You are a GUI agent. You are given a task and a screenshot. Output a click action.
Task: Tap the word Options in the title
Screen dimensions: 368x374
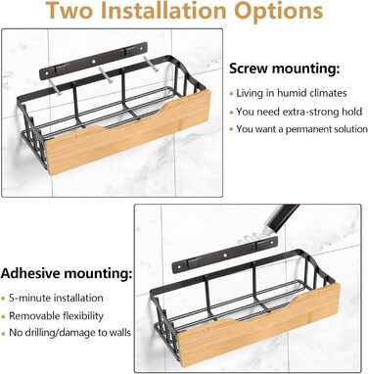pyautogui.click(x=279, y=12)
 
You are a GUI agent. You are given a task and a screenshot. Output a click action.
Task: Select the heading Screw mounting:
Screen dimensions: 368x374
pyautogui.click(x=285, y=69)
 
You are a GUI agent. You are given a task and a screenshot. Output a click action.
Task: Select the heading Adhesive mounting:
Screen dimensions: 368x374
pyautogui.click(x=67, y=273)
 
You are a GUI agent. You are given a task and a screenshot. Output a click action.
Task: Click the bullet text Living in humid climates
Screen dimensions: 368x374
pyautogui.click(x=292, y=93)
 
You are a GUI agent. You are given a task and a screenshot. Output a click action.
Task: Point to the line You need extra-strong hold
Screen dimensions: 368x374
pyautogui.click(x=299, y=112)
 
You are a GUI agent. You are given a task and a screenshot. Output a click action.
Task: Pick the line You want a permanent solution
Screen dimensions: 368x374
pyautogui.click(x=301, y=129)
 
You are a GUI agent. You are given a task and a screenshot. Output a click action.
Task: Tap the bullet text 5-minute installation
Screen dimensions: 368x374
pyautogui.click(x=56, y=298)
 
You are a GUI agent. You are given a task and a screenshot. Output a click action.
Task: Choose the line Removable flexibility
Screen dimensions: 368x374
pyautogui.click(x=56, y=316)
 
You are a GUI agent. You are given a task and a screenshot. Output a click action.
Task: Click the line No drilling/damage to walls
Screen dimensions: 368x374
pyautogui.click(x=69, y=333)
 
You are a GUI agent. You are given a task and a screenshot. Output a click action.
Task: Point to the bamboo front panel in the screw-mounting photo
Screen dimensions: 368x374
pyautogui.click(x=128, y=132)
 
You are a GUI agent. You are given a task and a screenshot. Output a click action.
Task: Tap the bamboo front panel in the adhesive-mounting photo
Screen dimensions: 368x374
pyautogui.click(x=259, y=325)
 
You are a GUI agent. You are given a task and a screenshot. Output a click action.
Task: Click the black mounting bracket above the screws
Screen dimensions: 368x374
pyautogui.click(x=93, y=61)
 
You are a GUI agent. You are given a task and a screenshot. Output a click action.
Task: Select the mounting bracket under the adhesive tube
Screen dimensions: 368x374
pyautogui.click(x=224, y=254)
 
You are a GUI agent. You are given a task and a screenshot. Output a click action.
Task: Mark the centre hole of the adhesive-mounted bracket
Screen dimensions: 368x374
pyautogui.click(x=224, y=254)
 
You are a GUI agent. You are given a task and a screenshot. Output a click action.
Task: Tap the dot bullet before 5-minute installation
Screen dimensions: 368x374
pyautogui.click(x=3, y=299)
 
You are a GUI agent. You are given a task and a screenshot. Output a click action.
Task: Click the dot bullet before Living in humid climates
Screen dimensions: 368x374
pyautogui.click(x=231, y=94)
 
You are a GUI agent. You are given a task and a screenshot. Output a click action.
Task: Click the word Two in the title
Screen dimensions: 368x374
pyautogui.click(x=69, y=11)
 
